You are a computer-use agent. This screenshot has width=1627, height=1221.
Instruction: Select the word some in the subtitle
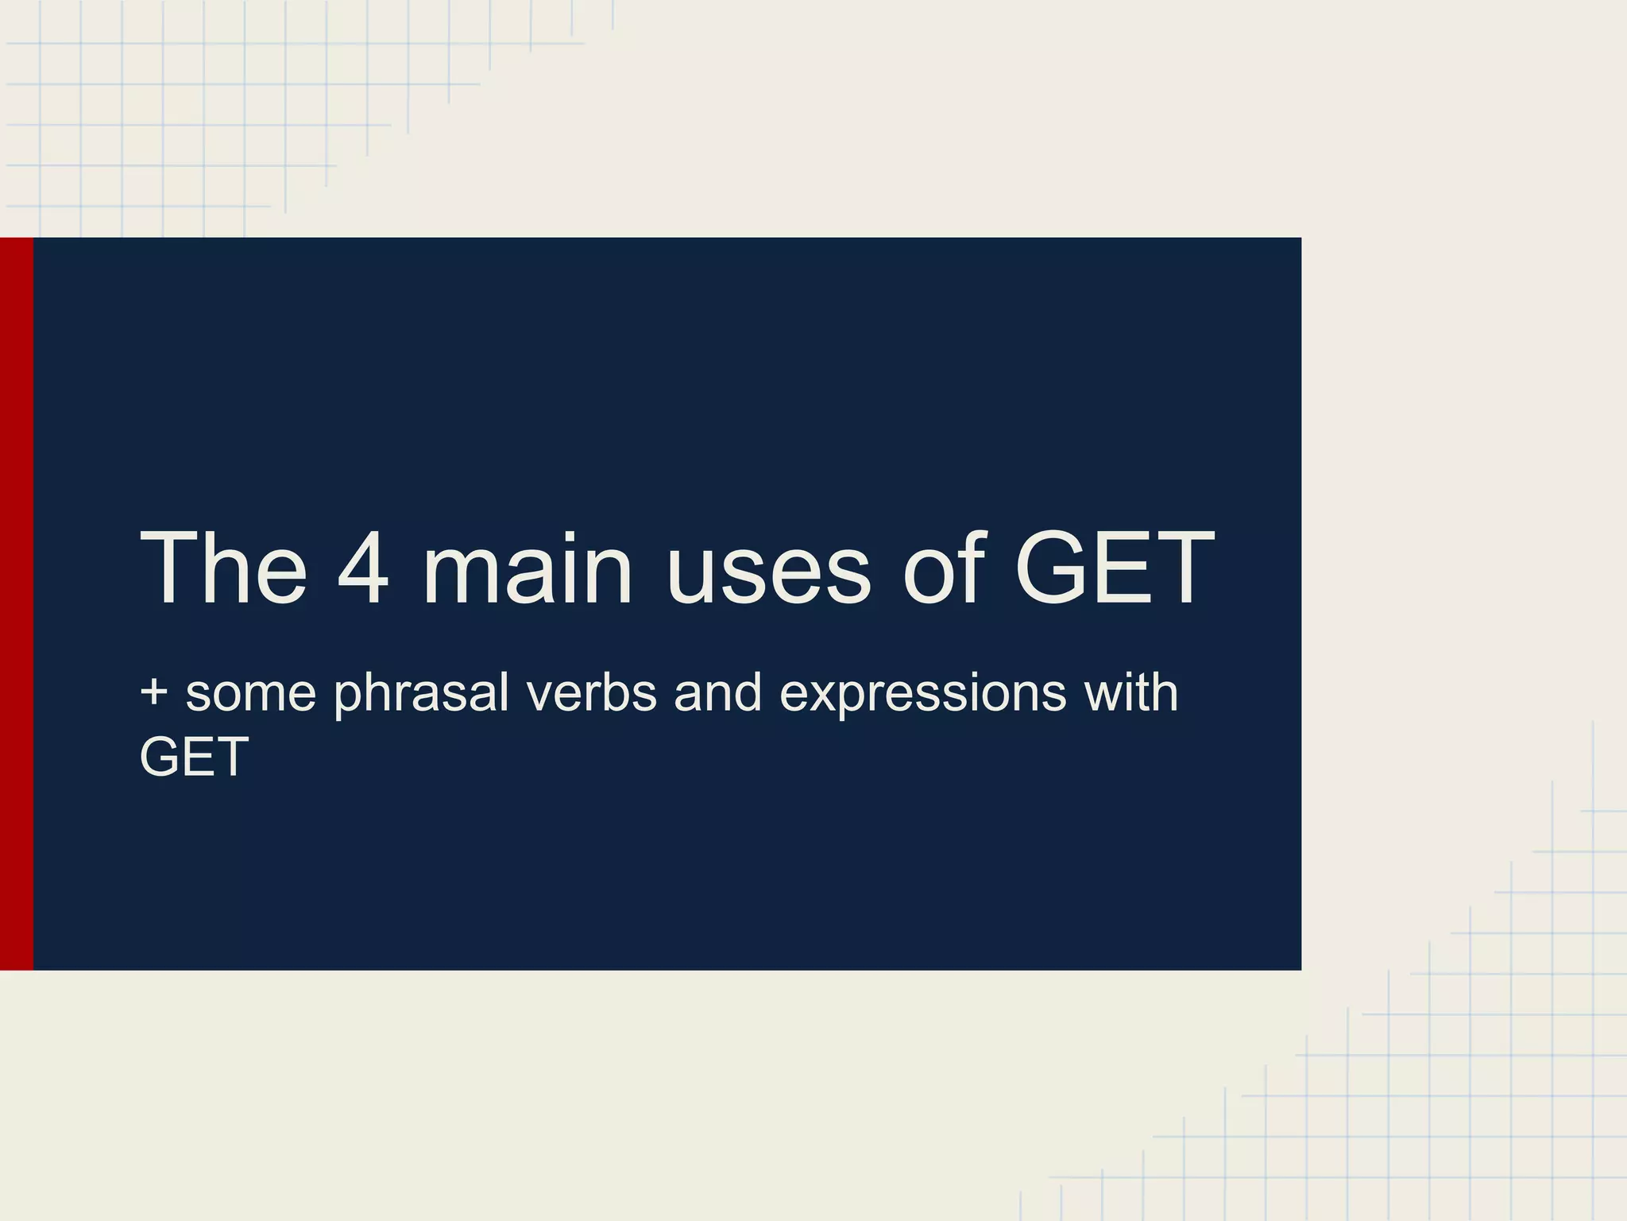251,693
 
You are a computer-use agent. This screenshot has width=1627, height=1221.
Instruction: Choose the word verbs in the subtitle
591,693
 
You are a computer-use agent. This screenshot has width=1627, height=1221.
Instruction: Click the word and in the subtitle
718,693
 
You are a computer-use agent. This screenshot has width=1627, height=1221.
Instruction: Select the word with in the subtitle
1130,693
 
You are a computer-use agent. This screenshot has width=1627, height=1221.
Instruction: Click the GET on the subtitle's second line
195,757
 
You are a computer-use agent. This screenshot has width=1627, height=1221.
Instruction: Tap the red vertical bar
17,603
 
